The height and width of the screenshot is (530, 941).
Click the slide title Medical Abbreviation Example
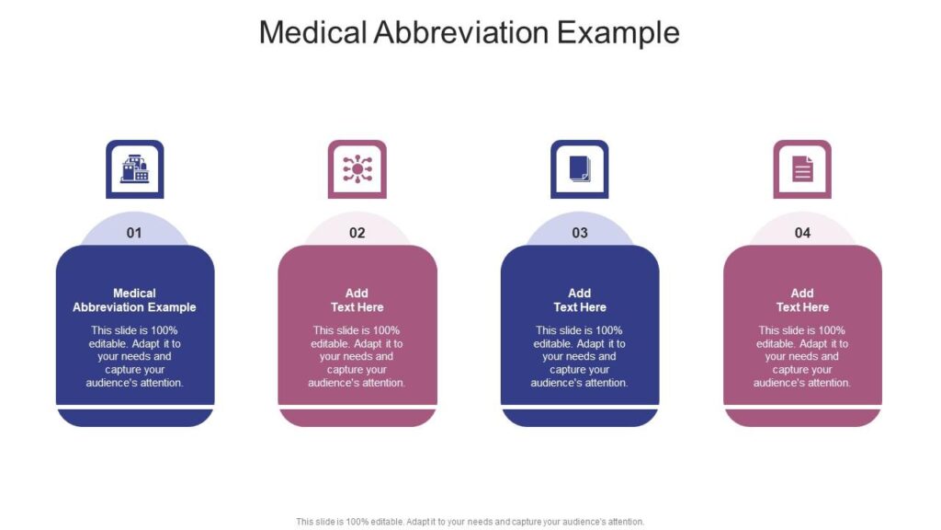click(x=470, y=32)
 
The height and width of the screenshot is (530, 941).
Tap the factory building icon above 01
click(x=134, y=169)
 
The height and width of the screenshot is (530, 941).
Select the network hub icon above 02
click(x=357, y=169)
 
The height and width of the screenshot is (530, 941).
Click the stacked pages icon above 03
click(x=580, y=169)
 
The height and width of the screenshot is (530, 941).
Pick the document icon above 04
click(x=802, y=169)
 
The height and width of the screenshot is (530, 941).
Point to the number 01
click(x=134, y=233)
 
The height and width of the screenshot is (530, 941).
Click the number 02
click(x=357, y=233)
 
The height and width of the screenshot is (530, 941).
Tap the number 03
click(x=580, y=233)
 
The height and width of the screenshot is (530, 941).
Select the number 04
click(x=802, y=233)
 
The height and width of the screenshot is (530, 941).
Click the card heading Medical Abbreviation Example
click(x=134, y=300)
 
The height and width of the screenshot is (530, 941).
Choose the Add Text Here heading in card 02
click(x=357, y=300)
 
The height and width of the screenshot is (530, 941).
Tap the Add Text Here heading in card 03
click(x=580, y=300)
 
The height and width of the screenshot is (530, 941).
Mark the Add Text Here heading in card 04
click(x=802, y=300)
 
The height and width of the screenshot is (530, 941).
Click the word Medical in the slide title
click(x=312, y=32)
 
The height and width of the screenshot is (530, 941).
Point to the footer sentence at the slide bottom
click(x=470, y=522)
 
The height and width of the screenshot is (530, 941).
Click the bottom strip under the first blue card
click(x=135, y=419)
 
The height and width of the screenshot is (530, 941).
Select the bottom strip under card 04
click(x=802, y=419)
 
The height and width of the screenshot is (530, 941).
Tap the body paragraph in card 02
click(x=357, y=356)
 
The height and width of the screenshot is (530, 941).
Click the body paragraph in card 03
click(x=580, y=356)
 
